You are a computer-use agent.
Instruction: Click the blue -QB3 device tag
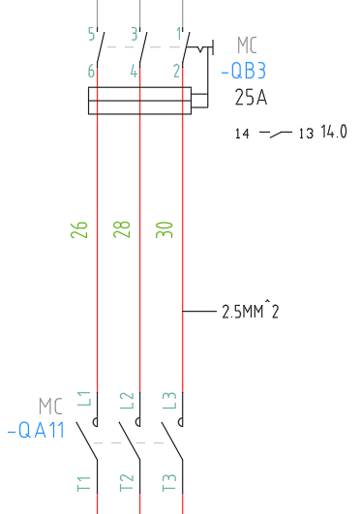pos(244,71)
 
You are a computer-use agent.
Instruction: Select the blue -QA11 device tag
pos(36,430)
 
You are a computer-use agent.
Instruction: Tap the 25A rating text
pos(251,97)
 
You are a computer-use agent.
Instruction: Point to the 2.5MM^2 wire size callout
pos(251,311)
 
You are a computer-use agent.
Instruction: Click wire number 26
pos(79,229)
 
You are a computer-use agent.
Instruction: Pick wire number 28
pos(122,229)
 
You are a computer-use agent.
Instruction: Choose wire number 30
pos(165,229)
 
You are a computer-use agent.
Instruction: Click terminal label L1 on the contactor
pos(84,399)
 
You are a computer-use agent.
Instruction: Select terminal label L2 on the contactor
pos(127,400)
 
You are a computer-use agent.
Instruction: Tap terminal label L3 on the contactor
pos(169,400)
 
